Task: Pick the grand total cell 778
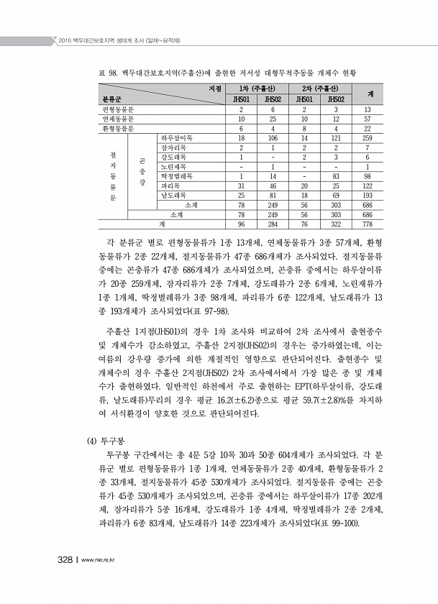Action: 368,224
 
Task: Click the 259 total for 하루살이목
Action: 368,137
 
